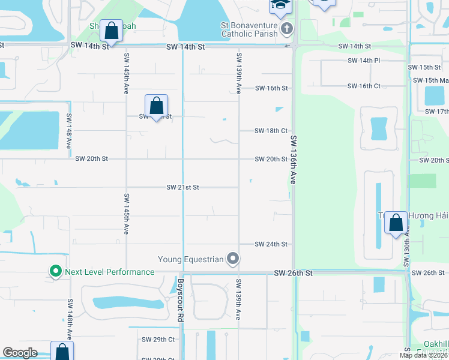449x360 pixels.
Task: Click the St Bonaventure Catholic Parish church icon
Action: [287, 29]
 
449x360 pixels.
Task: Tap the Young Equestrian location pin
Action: [234, 259]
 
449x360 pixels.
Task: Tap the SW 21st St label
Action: [182, 187]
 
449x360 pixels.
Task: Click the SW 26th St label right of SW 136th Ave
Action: [294, 272]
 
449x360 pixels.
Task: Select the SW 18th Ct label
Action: [271, 130]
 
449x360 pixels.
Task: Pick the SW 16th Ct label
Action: [364, 86]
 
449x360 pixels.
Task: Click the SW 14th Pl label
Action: [364, 61]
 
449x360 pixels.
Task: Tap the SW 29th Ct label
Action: [159, 340]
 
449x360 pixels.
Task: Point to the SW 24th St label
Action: [271, 244]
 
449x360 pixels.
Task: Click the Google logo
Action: [20, 353]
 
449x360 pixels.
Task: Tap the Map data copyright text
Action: [424, 355]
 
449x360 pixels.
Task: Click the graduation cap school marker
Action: [279, 5]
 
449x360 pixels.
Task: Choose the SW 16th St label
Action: [271, 88]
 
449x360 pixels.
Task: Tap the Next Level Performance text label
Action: [110, 272]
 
